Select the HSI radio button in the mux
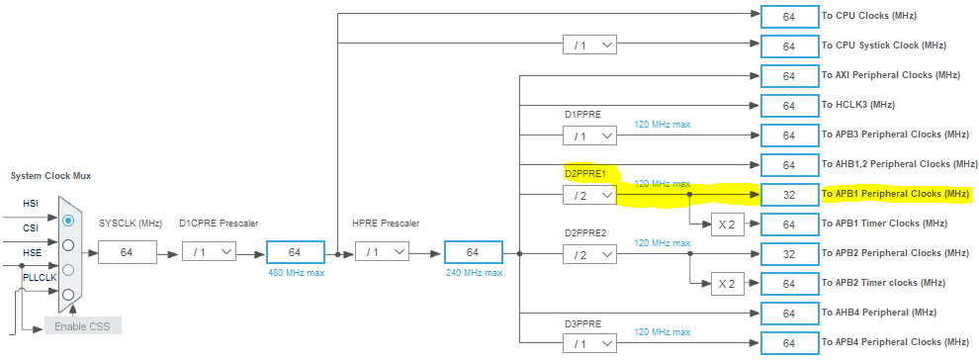tap(67, 220)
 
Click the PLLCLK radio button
tap(67, 295)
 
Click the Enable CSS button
tap(83, 325)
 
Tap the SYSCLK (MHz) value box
tap(127, 252)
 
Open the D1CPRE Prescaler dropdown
tap(209, 252)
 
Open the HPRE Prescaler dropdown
tap(381, 252)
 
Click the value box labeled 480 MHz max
tap(295, 252)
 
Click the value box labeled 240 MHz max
tap(473, 252)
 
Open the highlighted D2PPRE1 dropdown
tap(589, 195)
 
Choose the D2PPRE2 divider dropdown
tap(589, 254)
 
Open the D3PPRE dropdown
tap(589, 342)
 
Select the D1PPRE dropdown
tap(589, 135)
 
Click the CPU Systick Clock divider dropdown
tap(589, 45)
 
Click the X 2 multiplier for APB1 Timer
tap(727, 225)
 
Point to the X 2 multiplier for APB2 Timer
tap(727, 284)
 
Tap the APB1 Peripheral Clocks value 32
tap(788, 195)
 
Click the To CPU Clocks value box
tap(788, 17)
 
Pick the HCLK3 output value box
tap(788, 106)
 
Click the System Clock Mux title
tap(50, 176)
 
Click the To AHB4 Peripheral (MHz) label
tap(878, 313)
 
